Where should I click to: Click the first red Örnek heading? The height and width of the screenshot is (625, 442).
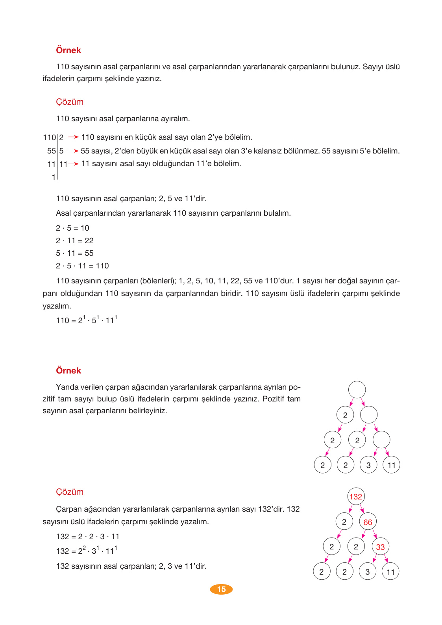(x=68, y=50)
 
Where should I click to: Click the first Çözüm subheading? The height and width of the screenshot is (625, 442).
(x=70, y=102)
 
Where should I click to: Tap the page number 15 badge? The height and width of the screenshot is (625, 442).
(x=221, y=589)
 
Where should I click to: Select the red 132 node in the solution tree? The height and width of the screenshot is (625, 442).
(x=355, y=497)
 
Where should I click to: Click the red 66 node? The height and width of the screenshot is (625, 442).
(x=368, y=522)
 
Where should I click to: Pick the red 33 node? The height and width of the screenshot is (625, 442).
(x=380, y=547)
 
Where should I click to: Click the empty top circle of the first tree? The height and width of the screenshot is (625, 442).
(x=357, y=390)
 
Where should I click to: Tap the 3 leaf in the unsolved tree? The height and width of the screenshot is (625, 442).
(x=368, y=465)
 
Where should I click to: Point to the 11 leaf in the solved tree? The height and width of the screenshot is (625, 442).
(x=390, y=572)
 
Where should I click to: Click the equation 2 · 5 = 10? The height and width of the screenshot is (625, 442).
(x=72, y=228)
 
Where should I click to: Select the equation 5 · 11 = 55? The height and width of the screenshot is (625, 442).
(x=75, y=253)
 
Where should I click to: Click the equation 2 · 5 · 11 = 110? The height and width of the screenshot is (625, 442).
(x=82, y=266)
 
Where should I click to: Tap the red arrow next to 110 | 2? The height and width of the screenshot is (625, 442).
(x=73, y=137)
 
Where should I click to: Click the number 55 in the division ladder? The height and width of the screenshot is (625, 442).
(x=52, y=151)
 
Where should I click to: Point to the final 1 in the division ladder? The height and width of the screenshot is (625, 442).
(x=54, y=178)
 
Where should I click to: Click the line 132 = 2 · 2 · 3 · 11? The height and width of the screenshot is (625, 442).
(x=87, y=537)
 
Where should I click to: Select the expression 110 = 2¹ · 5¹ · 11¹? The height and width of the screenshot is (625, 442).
(x=87, y=320)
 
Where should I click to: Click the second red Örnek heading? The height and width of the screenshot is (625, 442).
(x=68, y=371)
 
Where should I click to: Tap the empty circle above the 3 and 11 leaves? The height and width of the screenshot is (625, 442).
(x=381, y=440)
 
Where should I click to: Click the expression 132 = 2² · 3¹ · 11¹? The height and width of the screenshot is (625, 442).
(x=87, y=551)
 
